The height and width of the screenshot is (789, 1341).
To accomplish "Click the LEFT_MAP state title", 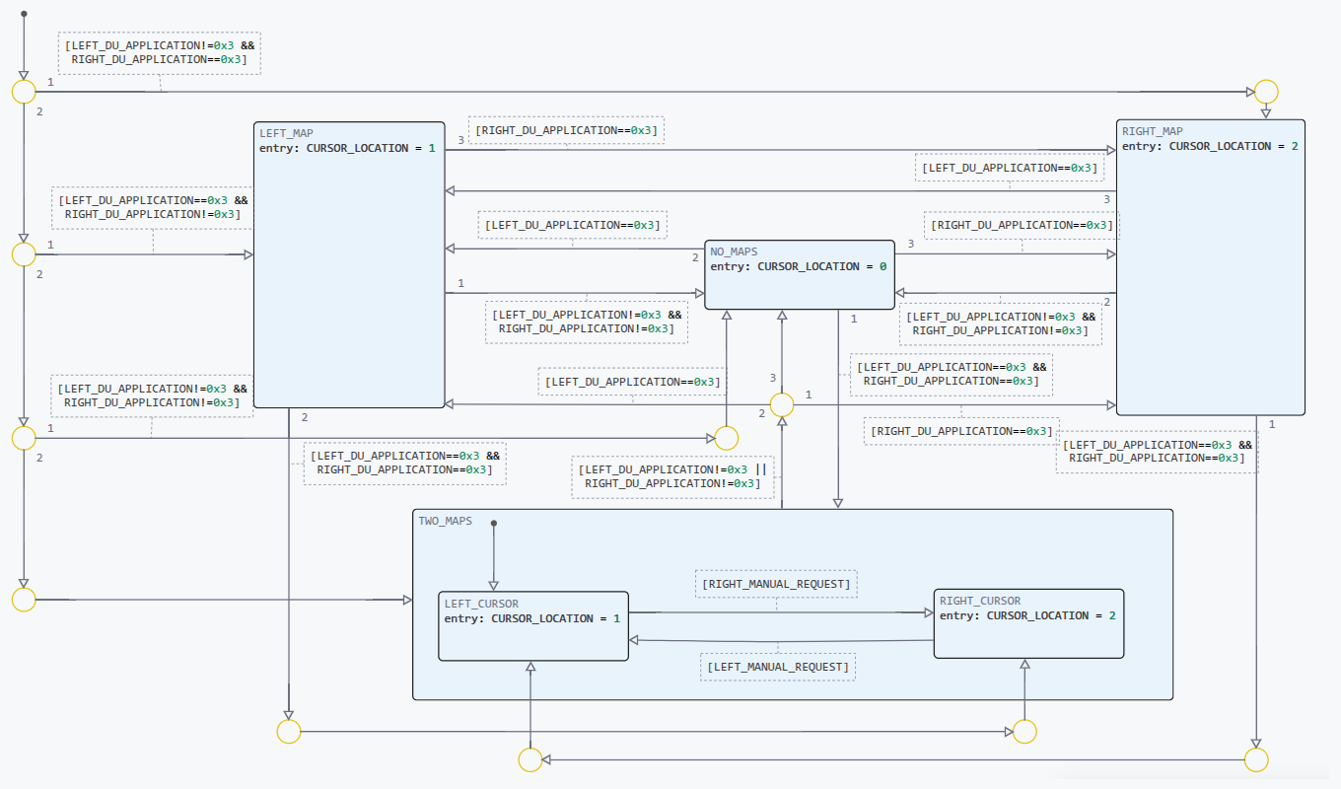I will pos(286,133).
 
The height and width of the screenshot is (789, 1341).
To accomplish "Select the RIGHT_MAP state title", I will pos(1152,131).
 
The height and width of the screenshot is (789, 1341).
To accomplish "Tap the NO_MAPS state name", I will pos(734,252).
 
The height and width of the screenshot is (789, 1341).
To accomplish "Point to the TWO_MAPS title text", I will pos(445,521).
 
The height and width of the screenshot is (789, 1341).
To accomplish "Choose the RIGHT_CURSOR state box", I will pos(1027,636).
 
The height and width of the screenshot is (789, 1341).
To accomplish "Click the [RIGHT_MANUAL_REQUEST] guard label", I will pos(775,584).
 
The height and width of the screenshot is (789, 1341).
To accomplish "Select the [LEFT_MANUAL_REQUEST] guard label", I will pos(777,667).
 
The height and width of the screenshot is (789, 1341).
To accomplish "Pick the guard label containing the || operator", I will pos(672,476).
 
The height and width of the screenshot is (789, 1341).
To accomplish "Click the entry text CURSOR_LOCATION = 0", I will pos(798,266).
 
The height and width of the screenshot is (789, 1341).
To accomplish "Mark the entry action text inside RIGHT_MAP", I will pos(1210,146).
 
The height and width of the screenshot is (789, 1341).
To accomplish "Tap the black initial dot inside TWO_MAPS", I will pos(494,523).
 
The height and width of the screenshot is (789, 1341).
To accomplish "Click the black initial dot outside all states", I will pos(24,14).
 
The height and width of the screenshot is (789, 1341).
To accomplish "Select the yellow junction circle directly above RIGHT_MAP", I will pos(1265,92).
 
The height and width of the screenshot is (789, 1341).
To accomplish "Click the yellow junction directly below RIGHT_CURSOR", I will pos(1024,731).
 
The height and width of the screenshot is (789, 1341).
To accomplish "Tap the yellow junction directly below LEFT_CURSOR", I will pos(530,759).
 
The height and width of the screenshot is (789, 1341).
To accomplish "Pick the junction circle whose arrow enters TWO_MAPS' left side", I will pos(24,599).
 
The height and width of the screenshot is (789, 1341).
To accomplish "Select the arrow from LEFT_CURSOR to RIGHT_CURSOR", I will pos(779,612).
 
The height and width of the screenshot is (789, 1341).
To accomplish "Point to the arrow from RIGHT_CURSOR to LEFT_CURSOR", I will pos(779,641).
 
